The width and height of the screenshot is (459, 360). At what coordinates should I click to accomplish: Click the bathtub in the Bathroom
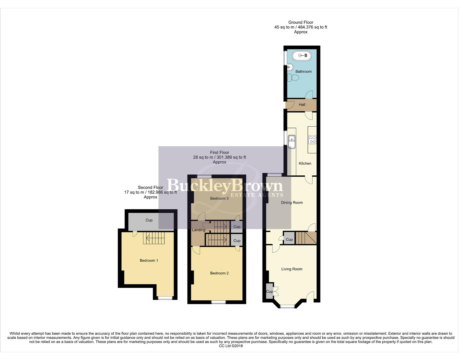click(302, 55)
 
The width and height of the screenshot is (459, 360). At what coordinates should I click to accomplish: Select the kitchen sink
click(292, 142)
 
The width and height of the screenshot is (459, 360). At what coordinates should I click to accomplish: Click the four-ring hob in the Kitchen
click(312, 139)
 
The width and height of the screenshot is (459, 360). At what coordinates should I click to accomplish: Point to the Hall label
click(302, 105)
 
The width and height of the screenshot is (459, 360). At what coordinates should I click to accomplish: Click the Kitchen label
click(305, 163)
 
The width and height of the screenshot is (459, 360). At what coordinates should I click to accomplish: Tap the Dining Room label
click(292, 202)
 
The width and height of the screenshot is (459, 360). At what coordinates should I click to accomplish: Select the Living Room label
click(292, 269)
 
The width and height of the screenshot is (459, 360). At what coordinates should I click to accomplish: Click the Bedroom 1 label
click(149, 260)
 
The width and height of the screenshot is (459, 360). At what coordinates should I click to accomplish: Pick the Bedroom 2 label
click(219, 273)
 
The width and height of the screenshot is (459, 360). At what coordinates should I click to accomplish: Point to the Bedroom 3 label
click(219, 198)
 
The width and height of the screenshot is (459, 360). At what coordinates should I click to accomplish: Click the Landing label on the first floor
click(198, 230)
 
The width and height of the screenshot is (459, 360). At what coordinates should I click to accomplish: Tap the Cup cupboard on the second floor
click(149, 220)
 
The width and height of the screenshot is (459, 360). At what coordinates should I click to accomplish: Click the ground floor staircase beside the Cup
click(306, 238)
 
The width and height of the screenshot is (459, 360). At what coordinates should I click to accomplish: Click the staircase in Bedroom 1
click(154, 238)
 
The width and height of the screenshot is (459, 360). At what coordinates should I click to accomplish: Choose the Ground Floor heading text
click(301, 22)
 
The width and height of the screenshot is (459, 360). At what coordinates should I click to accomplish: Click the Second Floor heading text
click(150, 187)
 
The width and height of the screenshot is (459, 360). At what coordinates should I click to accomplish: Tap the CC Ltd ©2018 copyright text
click(231, 346)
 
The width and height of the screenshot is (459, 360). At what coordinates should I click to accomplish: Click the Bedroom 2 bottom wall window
click(218, 302)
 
